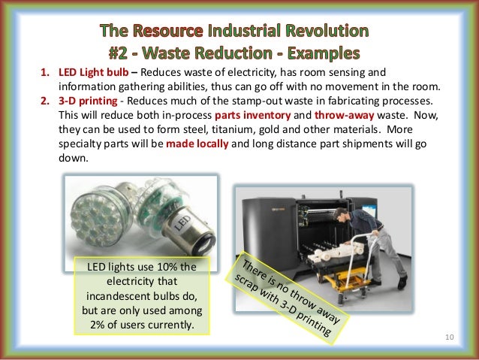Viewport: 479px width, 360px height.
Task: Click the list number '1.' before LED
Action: tap(45, 73)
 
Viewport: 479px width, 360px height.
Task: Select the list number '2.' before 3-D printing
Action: tap(45, 99)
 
